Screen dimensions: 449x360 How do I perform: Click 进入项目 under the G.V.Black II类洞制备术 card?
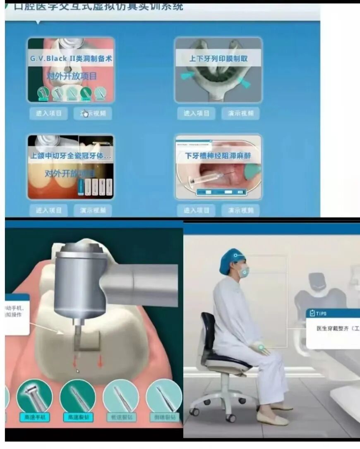click(48, 113)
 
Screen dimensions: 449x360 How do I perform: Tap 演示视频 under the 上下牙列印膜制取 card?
click(240, 113)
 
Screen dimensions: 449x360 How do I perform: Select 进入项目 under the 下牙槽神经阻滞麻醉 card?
click(197, 210)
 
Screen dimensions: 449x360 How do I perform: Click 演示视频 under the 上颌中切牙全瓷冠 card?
click(93, 210)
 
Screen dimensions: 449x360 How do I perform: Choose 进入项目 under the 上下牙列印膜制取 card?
click(197, 113)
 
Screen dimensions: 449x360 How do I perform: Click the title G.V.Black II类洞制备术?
click(71, 59)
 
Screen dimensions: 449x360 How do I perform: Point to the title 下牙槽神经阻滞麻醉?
click(218, 156)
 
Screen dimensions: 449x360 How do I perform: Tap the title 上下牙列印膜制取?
click(218, 59)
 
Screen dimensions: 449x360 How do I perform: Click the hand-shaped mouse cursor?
click(85, 113)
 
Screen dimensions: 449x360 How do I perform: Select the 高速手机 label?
click(34, 417)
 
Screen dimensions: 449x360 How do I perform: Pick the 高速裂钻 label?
click(77, 417)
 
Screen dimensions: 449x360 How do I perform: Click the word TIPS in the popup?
click(321, 313)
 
